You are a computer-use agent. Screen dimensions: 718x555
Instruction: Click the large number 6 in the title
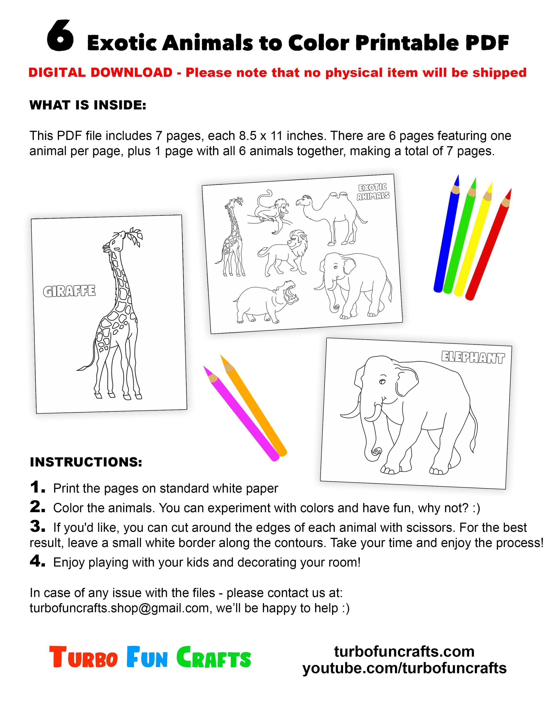click(60, 36)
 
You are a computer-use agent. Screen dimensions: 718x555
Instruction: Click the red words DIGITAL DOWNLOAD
click(100, 73)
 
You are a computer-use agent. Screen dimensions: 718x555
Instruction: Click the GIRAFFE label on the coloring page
click(69, 291)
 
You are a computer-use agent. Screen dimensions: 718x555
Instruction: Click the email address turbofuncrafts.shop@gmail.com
click(119, 608)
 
